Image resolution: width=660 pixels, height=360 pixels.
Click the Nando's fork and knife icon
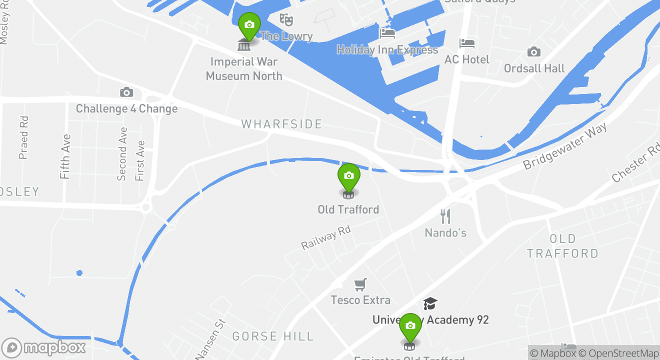click(x=445, y=216)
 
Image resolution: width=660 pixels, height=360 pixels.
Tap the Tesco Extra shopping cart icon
click(x=360, y=284)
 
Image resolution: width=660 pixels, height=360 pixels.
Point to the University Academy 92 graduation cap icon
click(x=430, y=303)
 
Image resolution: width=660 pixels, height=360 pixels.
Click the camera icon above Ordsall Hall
click(x=533, y=52)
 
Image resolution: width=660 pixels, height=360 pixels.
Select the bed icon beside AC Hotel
click(x=467, y=43)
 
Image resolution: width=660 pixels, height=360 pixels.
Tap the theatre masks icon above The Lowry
click(x=286, y=20)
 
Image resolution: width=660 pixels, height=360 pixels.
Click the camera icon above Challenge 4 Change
click(x=126, y=92)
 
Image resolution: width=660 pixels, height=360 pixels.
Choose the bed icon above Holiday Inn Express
click(x=387, y=33)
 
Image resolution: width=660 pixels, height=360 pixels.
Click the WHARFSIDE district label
click(x=282, y=124)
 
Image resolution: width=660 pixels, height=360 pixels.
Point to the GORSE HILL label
click(x=273, y=336)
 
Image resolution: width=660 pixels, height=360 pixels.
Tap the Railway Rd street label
click(x=326, y=237)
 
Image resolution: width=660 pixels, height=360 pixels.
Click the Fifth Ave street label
click(x=65, y=156)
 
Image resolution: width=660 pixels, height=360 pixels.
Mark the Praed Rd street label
click(x=23, y=137)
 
